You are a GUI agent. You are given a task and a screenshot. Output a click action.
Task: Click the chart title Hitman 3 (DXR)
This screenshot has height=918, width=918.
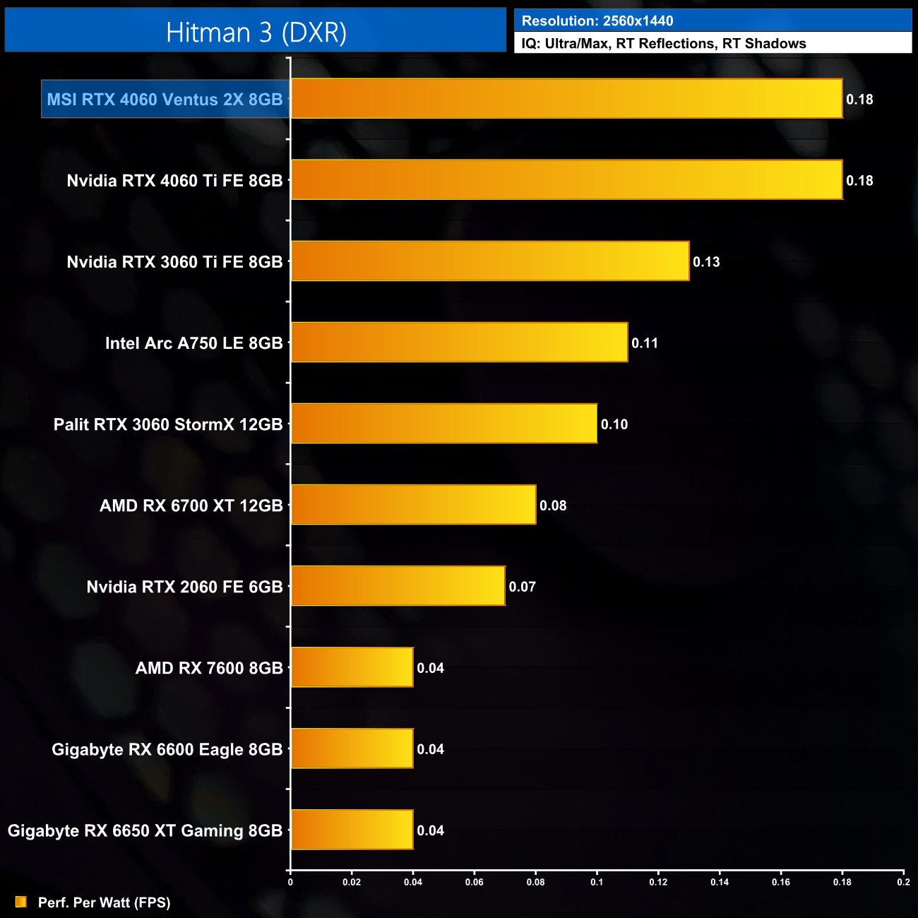256,32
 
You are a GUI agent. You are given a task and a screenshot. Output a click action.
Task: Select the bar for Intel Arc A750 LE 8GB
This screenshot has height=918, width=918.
459,342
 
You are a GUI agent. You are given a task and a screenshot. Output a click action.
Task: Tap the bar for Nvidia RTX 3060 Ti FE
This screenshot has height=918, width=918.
490,261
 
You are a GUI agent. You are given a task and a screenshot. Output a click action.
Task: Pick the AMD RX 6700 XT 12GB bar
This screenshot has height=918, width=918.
413,505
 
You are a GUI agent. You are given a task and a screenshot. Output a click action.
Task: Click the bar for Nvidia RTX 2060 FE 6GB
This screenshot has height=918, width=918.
398,586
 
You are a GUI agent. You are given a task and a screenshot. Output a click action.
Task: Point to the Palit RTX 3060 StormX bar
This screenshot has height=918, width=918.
444,424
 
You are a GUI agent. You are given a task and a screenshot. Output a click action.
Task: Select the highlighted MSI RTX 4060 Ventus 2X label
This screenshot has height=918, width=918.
165,100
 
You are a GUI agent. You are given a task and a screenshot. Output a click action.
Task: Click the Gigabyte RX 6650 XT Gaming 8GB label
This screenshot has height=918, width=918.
145,830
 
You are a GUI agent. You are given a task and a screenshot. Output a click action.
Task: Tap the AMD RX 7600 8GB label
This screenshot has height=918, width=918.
209,668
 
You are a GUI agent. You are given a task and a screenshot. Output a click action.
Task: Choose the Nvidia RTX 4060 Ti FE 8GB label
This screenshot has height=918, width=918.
174,181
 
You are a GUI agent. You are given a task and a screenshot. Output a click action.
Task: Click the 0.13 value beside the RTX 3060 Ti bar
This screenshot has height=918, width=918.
706,262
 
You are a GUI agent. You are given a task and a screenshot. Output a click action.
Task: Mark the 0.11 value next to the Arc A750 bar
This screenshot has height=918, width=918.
645,343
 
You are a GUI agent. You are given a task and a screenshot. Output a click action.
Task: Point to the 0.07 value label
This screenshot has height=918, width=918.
523,587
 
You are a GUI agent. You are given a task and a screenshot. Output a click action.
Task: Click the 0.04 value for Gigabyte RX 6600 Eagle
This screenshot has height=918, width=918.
431,749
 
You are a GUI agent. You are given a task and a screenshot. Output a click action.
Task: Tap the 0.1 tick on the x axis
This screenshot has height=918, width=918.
597,882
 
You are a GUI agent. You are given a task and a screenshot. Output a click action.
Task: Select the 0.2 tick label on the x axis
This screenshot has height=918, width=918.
903,882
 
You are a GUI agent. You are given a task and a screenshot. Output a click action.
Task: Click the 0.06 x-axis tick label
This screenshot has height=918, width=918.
475,882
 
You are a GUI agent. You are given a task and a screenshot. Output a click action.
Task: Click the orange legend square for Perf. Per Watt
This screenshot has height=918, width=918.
21,902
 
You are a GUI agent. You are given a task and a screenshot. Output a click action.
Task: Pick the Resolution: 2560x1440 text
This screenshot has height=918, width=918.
597,21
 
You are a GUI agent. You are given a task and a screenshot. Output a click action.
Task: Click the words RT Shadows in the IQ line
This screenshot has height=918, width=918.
764,44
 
